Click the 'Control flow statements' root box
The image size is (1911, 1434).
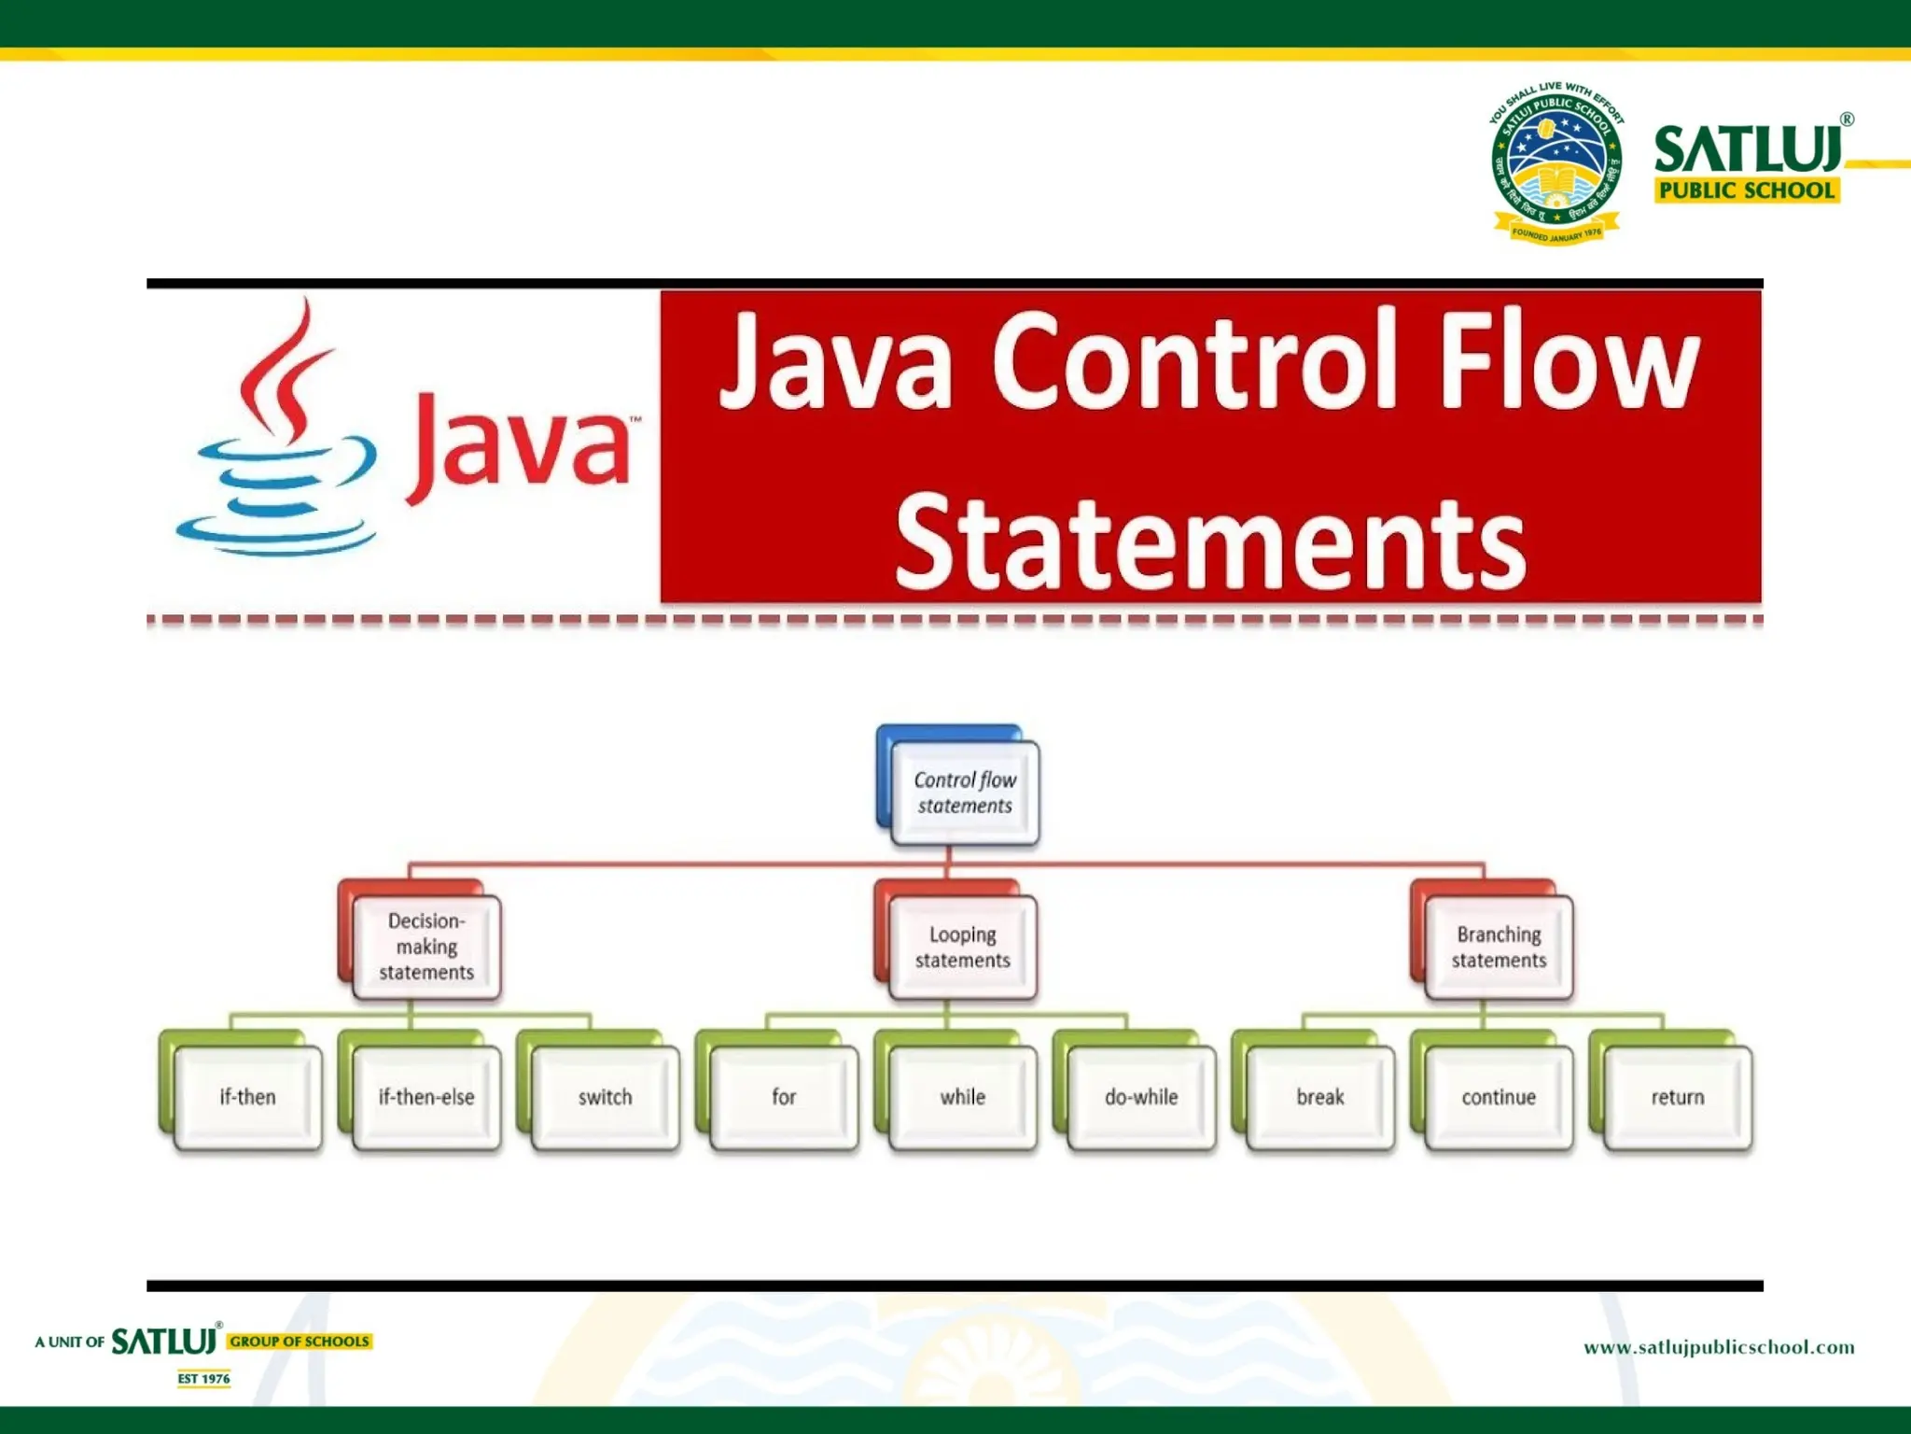[x=964, y=794]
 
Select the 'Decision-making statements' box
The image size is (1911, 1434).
[x=426, y=947]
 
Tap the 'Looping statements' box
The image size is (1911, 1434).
[x=962, y=948]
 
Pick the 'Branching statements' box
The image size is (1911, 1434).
[x=1499, y=948]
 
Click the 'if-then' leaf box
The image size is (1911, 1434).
[x=248, y=1097]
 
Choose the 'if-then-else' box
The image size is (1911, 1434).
[x=426, y=1097]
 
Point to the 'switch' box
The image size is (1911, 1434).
[x=605, y=1097]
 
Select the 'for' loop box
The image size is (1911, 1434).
[x=784, y=1097]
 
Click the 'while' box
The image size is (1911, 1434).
[x=962, y=1097]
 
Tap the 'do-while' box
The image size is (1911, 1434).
[x=1141, y=1097]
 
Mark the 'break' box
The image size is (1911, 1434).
[x=1320, y=1097]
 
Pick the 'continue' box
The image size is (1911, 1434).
[x=1499, y=1097]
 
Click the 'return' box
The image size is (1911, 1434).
[x=1678, y=1097]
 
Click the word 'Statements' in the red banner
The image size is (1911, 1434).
[x=1210, y=543]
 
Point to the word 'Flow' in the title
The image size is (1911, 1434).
[x=1569, y=362]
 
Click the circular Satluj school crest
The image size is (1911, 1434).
[x=1556, y=163]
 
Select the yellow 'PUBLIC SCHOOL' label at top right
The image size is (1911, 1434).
[x=1747, y=190]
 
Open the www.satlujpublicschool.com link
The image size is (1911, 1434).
[x=1719, y=1347]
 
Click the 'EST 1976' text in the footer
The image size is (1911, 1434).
[x=203, y=1379]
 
